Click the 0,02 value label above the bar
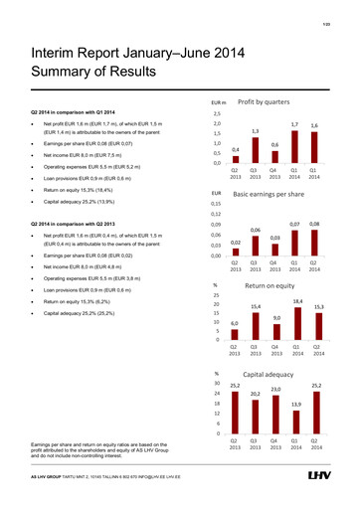235,242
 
